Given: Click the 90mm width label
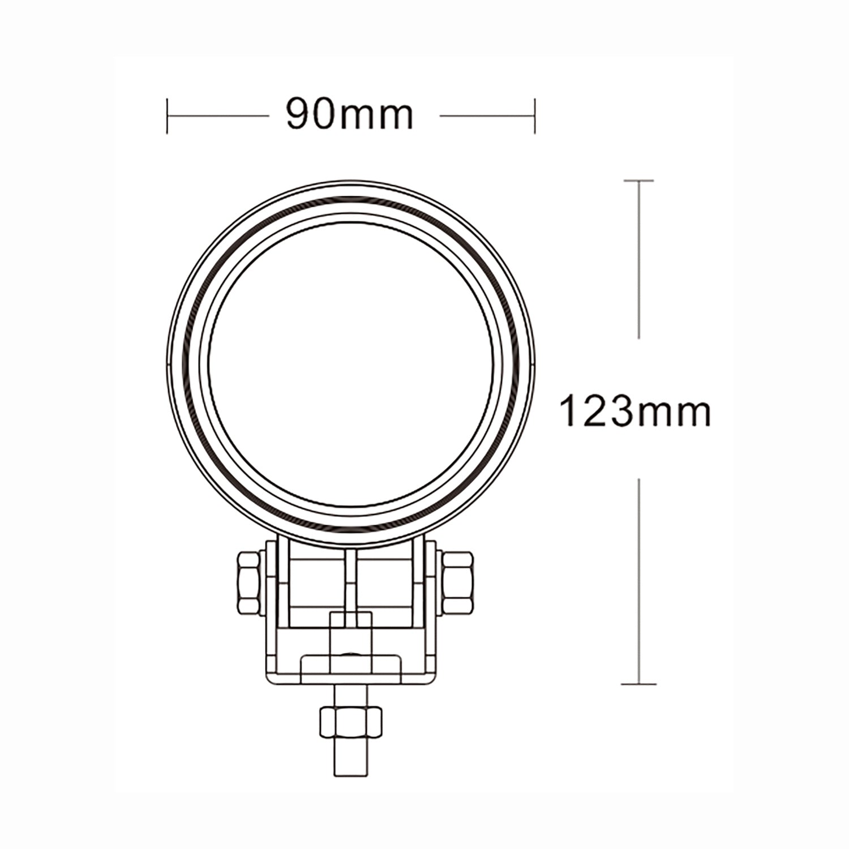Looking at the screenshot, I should coord(350,115).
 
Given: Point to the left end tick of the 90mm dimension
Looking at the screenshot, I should coord(168,117).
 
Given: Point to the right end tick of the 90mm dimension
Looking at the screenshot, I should coord(535,117).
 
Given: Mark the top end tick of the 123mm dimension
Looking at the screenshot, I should coord(639,181).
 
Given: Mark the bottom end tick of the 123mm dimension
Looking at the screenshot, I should coord(639,684).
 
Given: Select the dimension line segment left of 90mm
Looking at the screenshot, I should coord(218,117).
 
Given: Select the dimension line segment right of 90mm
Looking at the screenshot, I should coord(487,117).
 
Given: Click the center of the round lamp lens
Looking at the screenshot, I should coord(351,362).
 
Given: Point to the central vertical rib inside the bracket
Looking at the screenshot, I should coord(351,583).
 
